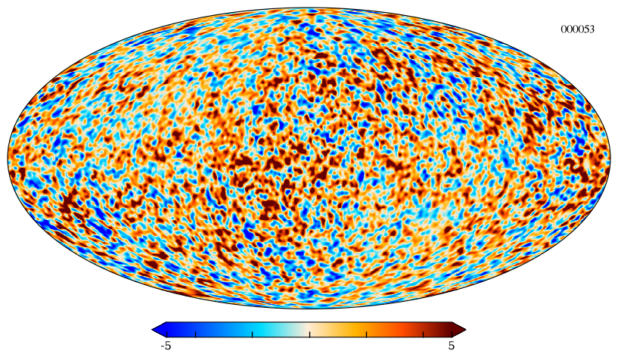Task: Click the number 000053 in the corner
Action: tap(577, 29)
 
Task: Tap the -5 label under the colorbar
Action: tap(166, 346)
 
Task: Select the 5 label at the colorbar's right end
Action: tap(452, 346)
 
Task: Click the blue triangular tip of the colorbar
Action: tap(158, 329)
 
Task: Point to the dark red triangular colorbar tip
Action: tap(459, 329)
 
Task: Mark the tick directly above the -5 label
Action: tap(166, 334)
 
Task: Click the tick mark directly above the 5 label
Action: tap(452, 334)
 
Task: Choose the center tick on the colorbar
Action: tap(310, 334)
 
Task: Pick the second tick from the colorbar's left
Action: tap(195, 334)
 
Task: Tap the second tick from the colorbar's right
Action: tap(424, 334)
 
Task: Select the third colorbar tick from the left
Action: tap(253, 334)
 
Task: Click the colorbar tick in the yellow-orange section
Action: tap(367, 334)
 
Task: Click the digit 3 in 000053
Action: tap(592, 29)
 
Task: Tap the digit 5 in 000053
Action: tap(586, 29)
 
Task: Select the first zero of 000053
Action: tap(564, 29)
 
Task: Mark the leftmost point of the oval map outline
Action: tap(8, 158)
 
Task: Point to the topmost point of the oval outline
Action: tap(309, 8)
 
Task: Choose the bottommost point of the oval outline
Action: tap(309, 309)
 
